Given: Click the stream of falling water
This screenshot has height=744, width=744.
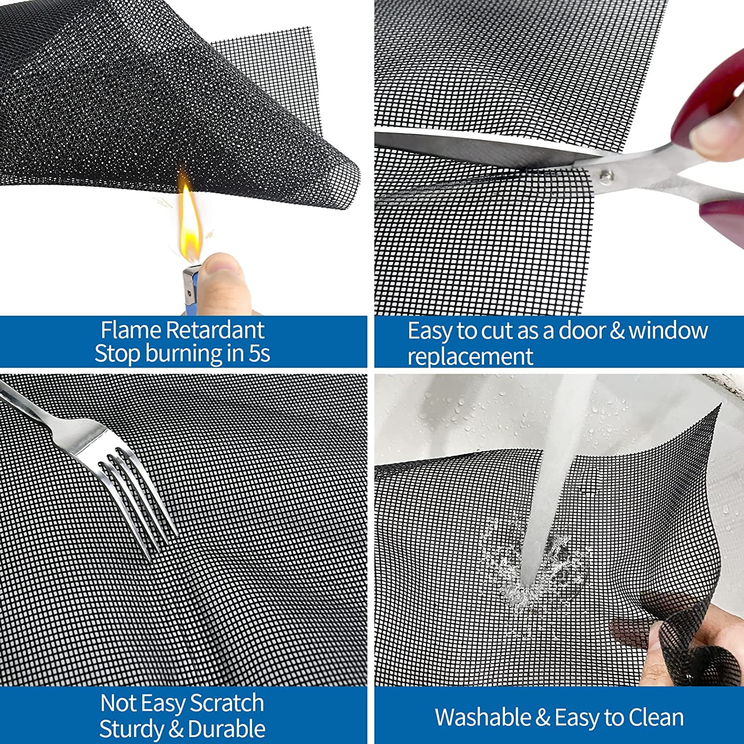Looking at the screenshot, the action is tap(556, 476).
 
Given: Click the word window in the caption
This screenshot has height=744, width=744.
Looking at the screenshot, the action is tap(668, 331).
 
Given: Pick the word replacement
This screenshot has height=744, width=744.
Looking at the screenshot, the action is tap(470, 356).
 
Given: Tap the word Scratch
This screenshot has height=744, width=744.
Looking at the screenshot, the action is tap(227, 703).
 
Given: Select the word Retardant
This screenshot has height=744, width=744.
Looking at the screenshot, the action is tap(215, 330).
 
